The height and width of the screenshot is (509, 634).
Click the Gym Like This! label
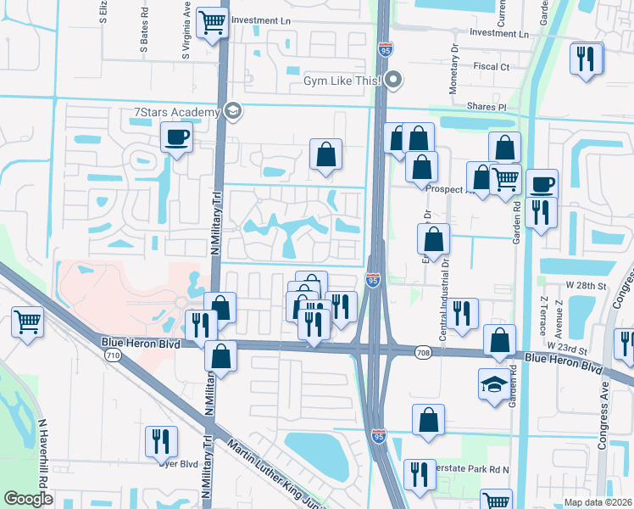(343, 81)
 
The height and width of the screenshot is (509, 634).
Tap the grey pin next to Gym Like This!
(392, 81)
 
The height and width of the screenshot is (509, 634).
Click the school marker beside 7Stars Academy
(231, 111)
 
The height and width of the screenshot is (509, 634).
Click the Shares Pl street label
(486, 107)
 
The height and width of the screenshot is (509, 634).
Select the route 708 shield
(425, 352)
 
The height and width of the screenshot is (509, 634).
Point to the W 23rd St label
(566, 346)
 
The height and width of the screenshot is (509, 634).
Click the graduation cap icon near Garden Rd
(495, 383)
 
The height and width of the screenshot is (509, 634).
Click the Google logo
(28, 498)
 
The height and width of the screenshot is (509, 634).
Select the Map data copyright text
(598, 502)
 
